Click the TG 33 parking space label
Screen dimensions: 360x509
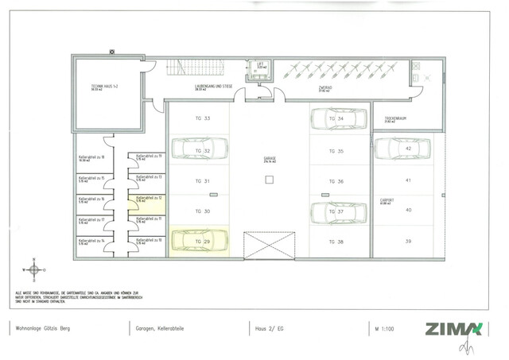202,118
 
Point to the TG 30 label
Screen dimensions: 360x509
202,211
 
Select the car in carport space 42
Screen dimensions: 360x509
402,149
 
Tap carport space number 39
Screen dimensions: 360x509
408,242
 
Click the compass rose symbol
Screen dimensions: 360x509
35,269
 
